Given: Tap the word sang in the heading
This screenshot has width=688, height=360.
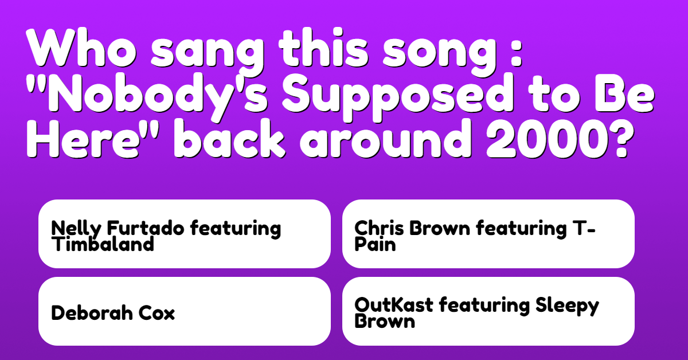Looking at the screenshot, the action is click(x=208, y=52).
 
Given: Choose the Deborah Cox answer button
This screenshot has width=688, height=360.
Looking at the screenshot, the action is click(x=185, y=311).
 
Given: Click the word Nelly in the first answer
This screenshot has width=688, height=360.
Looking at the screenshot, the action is click(x=76, y=229).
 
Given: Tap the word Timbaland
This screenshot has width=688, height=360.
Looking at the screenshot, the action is click(x=103, y=245).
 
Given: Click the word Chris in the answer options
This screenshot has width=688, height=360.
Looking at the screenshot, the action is click(x=379, y=228).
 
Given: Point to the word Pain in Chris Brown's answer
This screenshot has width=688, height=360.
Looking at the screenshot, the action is click(x=375, y=245).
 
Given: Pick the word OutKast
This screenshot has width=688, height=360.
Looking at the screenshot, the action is click(x=394, y=305).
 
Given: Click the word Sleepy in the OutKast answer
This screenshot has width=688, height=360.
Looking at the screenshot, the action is click(x=567, y=306).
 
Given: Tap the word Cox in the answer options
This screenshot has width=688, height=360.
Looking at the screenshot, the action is click(x=157, y=313).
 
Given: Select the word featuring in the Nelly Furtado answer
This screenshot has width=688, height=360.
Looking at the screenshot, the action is click(x=236, y=229).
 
